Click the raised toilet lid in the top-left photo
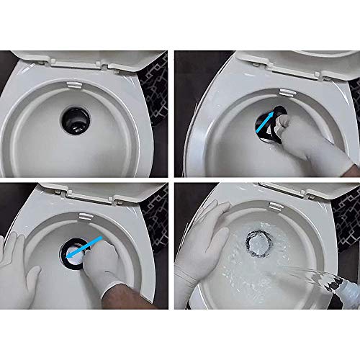click(79, 58)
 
